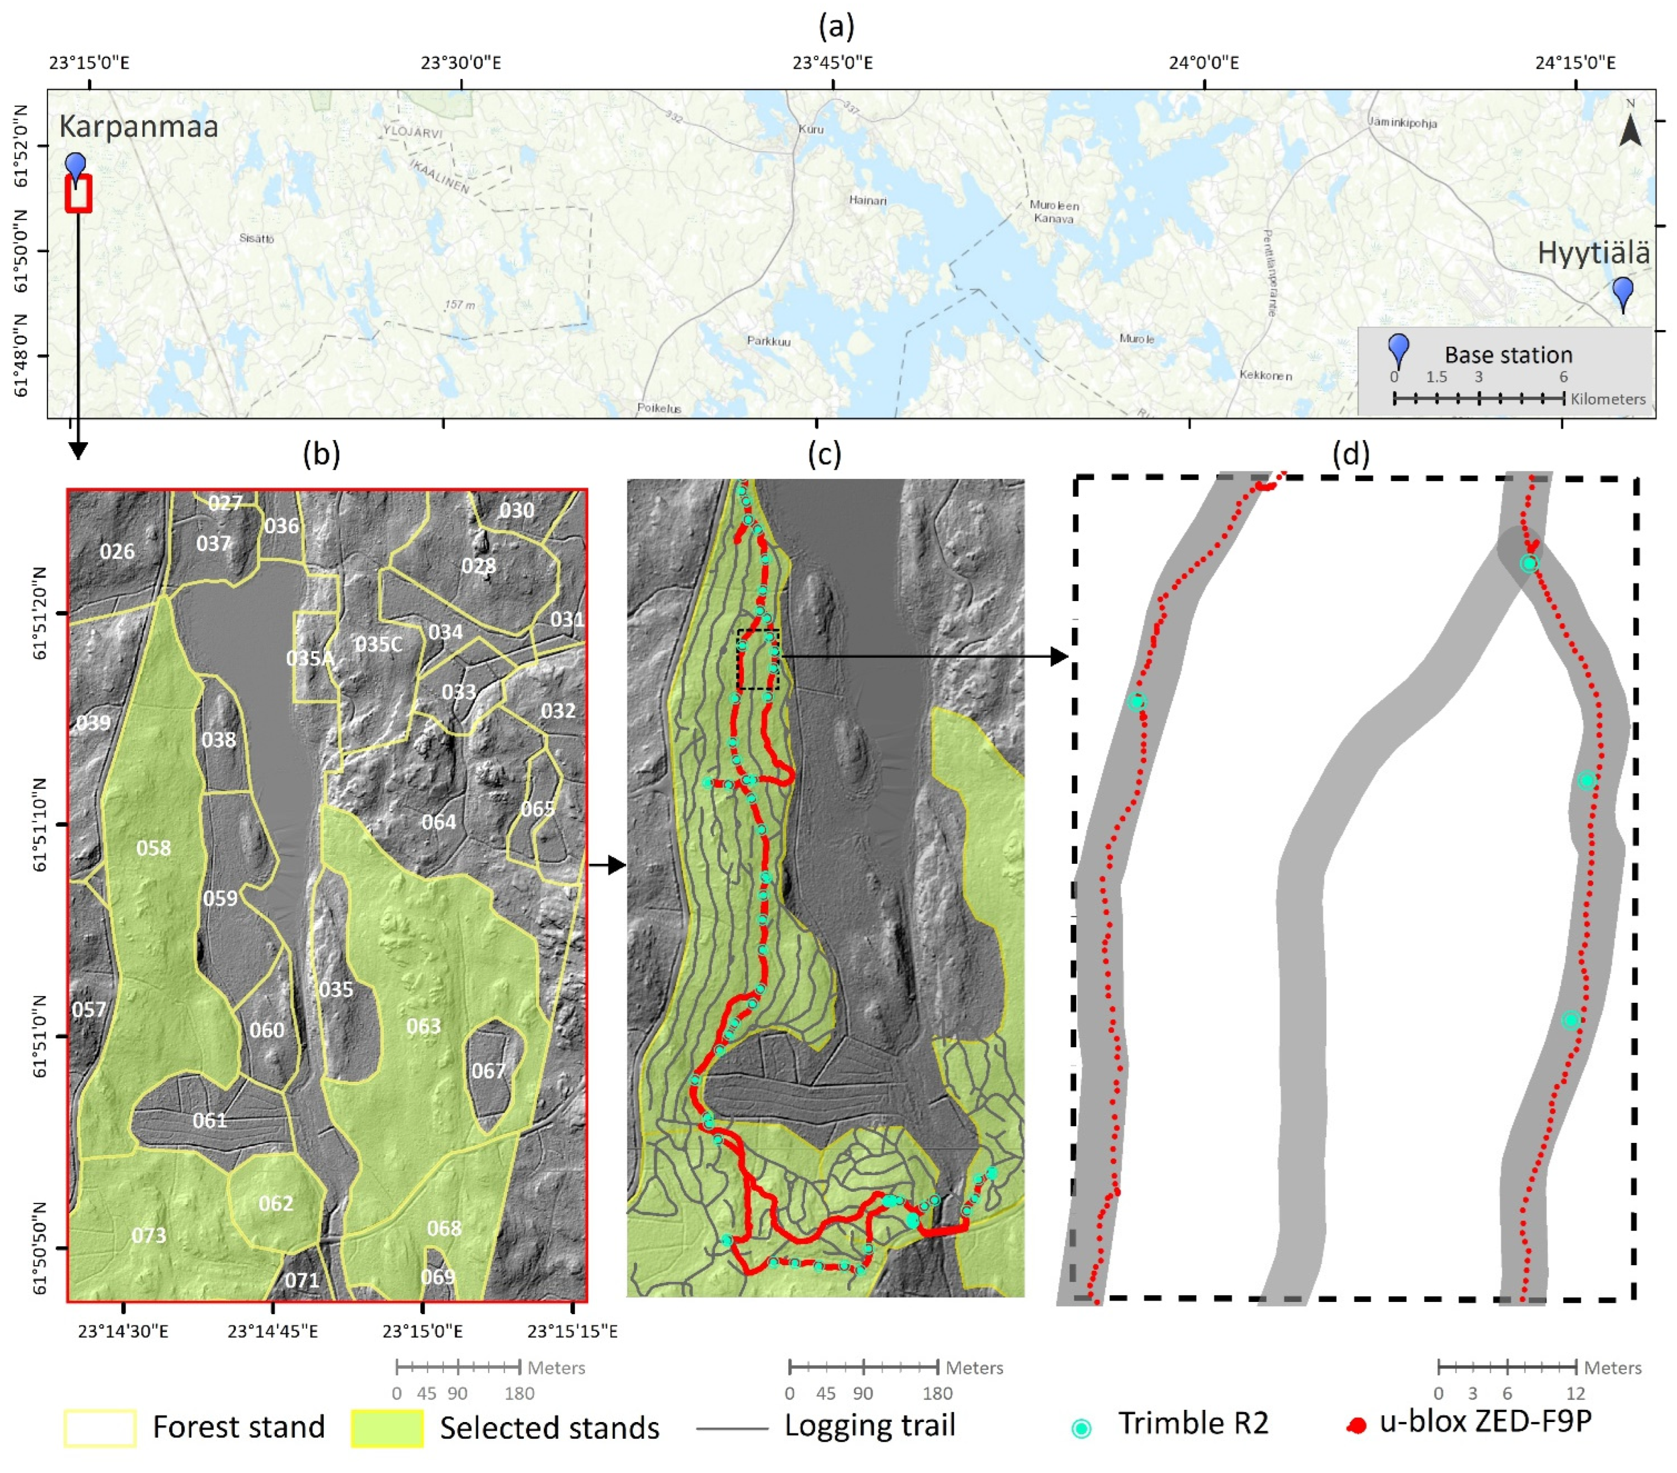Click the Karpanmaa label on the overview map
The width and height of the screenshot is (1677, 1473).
click(x=138, y=127)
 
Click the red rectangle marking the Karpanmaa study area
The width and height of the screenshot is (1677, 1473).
click(x=78, y=194)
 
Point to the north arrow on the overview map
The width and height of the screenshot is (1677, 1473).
click(x=1630, y=127)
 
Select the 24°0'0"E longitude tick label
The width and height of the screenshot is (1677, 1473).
click(x=1204, y=63)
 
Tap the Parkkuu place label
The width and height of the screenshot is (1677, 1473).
click(x=768, y=341)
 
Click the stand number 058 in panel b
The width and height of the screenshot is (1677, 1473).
click(x=153, y=848)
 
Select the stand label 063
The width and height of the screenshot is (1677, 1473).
click(x=424, y=1026)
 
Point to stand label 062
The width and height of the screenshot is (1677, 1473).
click(x=275, y=1203)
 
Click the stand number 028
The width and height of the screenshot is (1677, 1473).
click(x=479, y=566)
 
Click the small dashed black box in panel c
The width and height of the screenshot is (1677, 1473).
click(x=757, y=659)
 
